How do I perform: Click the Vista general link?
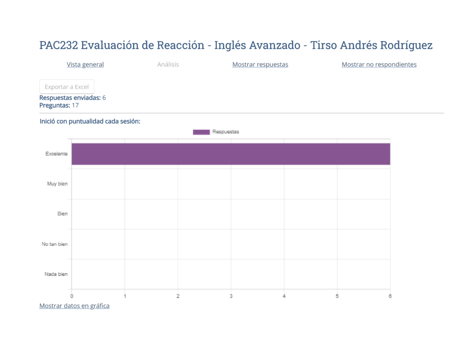click(x=85, y=65)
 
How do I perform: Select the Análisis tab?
click(x=168, y=65)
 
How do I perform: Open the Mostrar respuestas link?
click(x=260, y=65)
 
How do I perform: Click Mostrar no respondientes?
click(x=379, y=65)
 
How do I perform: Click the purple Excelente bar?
click(x=231, y=154)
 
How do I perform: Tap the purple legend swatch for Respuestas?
click(x=201, y=132)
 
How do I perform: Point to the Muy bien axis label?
click(x=57, y=184)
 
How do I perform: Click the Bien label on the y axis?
click(x=62, y=214)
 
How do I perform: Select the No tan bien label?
click(x=55, y=244)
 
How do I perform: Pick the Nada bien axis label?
click(x=56, y=274)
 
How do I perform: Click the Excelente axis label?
click(x=57, y=154)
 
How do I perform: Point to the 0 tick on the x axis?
click(x=72, y=296)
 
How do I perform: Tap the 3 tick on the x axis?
click(x=231, y=296)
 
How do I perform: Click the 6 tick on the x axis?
click(x=390, y=296)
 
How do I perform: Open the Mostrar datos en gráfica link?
click(x=74, y=306)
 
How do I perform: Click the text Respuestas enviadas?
click(x=70, y=98)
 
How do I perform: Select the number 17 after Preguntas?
click(x=75, y=105)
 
